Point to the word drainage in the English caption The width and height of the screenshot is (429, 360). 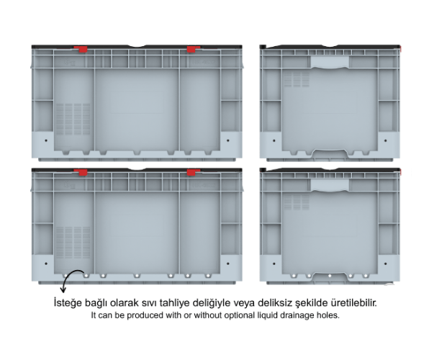pos(296,315)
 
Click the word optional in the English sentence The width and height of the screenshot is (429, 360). pos(240,315)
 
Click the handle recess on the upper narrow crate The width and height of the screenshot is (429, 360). pos(330,62)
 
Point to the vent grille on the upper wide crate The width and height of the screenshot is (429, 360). pos(73,119)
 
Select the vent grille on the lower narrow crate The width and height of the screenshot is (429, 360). pos(297,202)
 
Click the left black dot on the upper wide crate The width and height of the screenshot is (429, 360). pos(46,140)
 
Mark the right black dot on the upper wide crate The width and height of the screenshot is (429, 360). pos(228,140)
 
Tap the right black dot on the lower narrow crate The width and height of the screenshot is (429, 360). pos(386,264)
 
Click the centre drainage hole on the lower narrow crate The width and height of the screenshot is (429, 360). pos(330,276)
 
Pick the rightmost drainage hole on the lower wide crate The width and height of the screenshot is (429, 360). pos(208,276)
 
